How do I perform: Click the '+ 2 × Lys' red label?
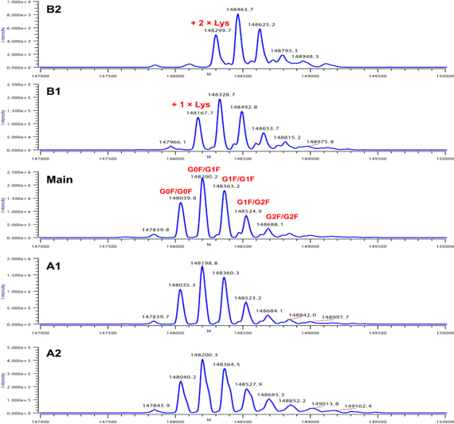click(x=209, y=23)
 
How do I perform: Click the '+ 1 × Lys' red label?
click(x=191, y=104)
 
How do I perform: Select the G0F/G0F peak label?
click(x=175, y=191)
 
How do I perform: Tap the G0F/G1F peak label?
click(x=204, y=169)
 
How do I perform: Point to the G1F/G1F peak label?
click(x=238, y=179)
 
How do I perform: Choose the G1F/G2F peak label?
click(x=254, y=202)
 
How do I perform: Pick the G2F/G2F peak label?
click(x=282, y=216)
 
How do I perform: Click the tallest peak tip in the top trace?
click(x=237, y=14)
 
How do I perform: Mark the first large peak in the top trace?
click(x=216, y=36)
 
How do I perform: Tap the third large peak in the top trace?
click(x=259, y=29)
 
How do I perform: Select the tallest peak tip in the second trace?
click(x=219, y=100)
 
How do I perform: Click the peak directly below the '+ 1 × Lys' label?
click(x=198, y=118)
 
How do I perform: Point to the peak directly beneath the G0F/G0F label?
click(x=181, y=203)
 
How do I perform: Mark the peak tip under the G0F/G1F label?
click(x=202, y=179)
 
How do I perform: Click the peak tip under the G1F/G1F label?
click(x=225, y=190)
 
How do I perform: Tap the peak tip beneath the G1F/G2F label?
click(x=246, y=215)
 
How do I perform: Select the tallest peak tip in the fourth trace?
click(x=202, y=266)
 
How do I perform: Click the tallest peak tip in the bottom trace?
click(x=202, y=359)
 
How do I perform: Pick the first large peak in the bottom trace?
click(x=181, y=381)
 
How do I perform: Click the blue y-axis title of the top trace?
click(x=5, y=34)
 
